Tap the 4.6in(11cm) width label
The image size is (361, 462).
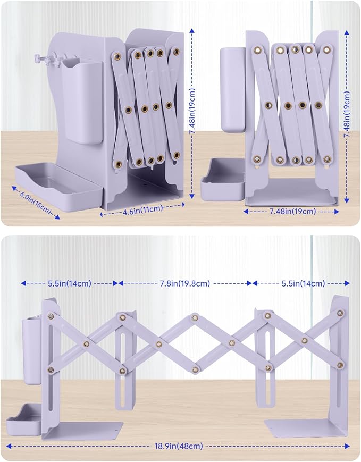click(143, 209)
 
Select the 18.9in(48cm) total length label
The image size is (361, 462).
click(179, 446)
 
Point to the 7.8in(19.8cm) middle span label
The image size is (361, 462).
click(185, 283)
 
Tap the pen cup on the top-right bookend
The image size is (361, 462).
click(232, 89)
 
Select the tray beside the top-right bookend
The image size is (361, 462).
click(222, 180)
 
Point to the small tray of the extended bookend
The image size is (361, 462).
click(23, 420)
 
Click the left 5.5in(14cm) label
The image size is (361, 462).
click(70, 283)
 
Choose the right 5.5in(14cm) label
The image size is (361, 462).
click(303, 283)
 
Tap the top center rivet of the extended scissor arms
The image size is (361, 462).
click(195, 317)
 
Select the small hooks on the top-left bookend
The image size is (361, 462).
click(48, 58)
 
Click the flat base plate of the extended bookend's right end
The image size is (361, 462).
click(305, 429)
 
